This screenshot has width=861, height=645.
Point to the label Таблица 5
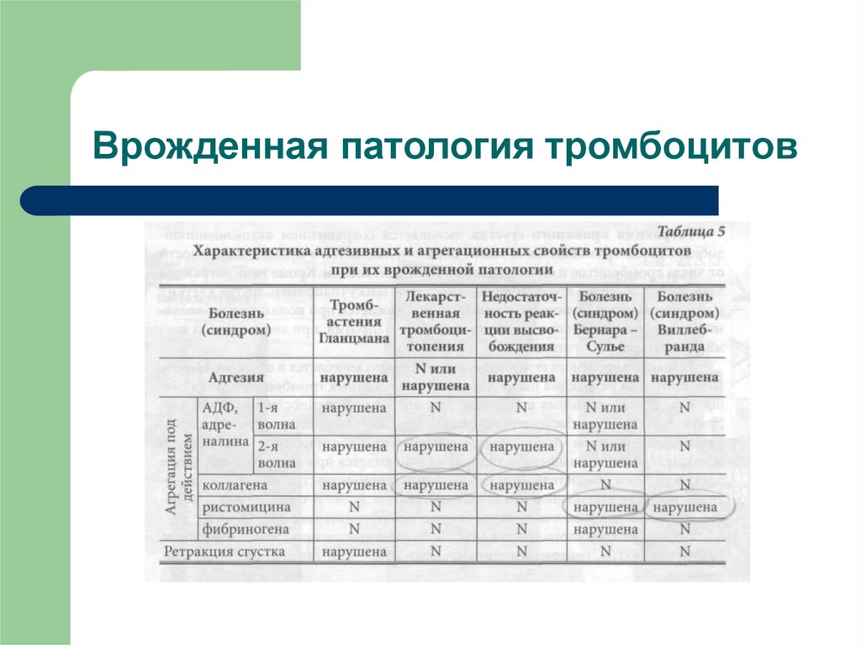point(689,231)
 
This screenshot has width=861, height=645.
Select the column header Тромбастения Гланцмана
point(353,321)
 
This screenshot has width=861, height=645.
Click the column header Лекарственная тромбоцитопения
point(435,321)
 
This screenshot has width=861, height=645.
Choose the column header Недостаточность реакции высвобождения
point(521,321)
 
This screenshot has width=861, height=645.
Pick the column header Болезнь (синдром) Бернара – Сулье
point(605,321)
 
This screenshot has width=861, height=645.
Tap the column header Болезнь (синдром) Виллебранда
point(684,321)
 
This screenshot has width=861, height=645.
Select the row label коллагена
point(235,485)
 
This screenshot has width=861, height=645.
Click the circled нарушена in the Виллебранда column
point(684,507)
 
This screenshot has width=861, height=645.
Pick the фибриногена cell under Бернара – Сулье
point(605,529)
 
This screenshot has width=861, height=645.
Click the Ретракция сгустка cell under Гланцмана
point(353,552)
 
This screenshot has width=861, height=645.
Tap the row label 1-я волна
point(277,415)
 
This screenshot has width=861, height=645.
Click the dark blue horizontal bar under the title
point(370,200)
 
